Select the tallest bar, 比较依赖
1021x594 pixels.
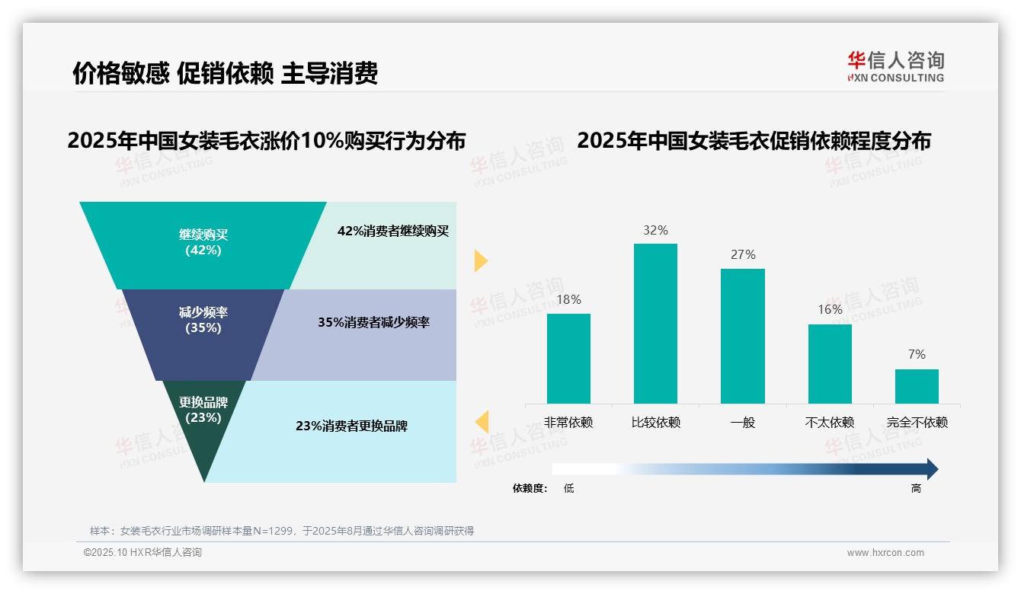(x=655, y=323)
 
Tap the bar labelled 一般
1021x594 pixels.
(x=742, y=336)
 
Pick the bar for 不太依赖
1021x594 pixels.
(x=830, y=363)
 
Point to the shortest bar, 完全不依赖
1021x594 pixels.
(x=917, y=386)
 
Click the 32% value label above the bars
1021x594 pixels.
(x=655, y=230)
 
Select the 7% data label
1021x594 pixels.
(x=917, y=354)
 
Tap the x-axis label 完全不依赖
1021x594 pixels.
(x=917, y=423)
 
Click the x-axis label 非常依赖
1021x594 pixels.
(x=568, y=423)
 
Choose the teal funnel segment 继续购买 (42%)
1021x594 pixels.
(x=203, y=242)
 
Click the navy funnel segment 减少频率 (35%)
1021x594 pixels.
(x=203, y=320)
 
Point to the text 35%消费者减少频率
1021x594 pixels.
(x=373, y=323)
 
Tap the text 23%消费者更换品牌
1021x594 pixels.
(x=351, y=426)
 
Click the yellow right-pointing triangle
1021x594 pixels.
(x=480, y=260)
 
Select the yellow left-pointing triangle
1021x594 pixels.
(x=482, y=422)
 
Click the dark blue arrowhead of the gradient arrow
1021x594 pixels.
(x=931, y=469)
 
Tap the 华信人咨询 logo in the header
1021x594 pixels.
(x=895, y=65)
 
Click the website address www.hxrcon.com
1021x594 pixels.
(x=885, y=553)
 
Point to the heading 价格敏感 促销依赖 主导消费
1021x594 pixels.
(x=225, y=73)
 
